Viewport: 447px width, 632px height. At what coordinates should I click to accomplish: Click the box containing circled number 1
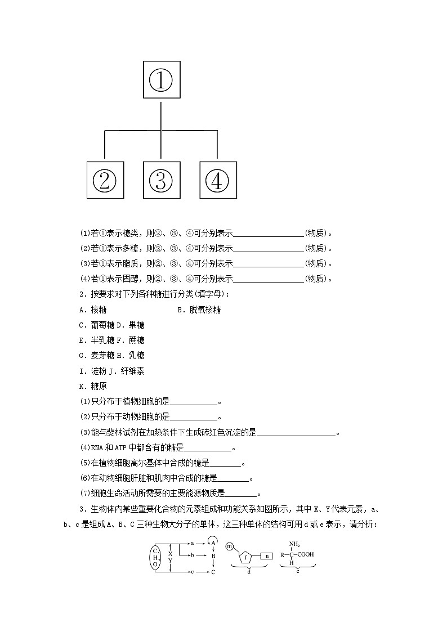click(161, 80)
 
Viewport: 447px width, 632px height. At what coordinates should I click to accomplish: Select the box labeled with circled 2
click(105, 180)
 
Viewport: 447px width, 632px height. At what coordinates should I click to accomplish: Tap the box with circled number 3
click(161, 180)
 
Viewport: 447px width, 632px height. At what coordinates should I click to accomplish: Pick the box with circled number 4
click(218, 180)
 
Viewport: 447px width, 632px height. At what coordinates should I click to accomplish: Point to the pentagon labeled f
click(246, 558)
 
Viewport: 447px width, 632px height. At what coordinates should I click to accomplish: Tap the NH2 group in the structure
click(294, 544)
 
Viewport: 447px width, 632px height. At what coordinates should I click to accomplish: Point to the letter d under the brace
click(249, 572)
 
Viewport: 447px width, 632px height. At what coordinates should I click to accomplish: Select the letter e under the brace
click(297, 571)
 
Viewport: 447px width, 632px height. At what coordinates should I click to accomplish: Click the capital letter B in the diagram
click(213, 555)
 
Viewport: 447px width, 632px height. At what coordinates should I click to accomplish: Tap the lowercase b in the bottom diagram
click(193, 555)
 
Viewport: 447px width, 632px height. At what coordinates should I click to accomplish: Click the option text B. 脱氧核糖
click(199, 310)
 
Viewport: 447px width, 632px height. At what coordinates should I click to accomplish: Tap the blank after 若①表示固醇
click(268, 279)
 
